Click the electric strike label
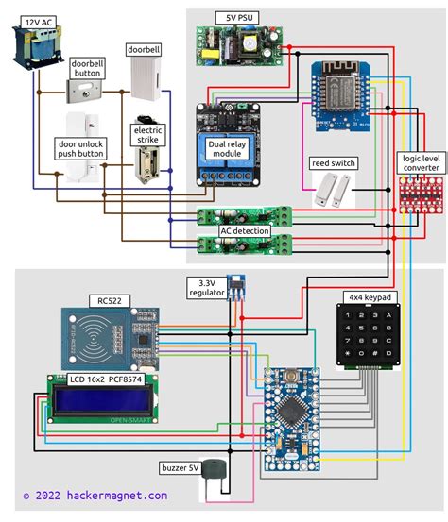point(151,135)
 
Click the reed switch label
point(333,163)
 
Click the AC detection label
point(245,230)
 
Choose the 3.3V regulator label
point(207,288)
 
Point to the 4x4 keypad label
point(369,297)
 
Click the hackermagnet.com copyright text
point(95,495)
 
